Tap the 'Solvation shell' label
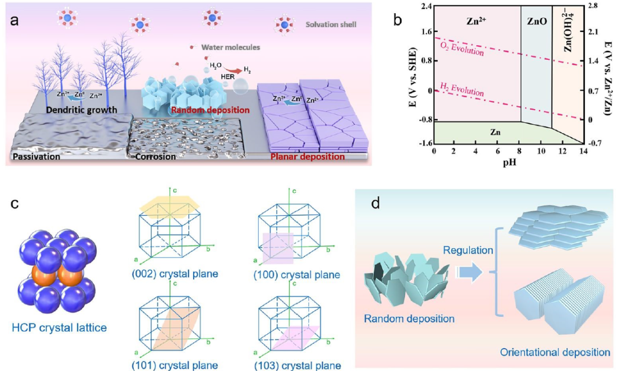point(330,25)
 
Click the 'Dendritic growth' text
point(81,109)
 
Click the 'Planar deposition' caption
point(309,156)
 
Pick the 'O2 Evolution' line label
point(462,48)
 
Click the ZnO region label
point(536,19)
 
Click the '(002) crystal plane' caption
point(181,274)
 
